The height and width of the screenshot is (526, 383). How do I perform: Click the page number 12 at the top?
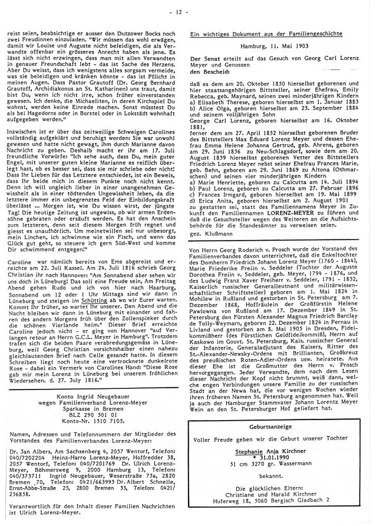click(x=190, y=11)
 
